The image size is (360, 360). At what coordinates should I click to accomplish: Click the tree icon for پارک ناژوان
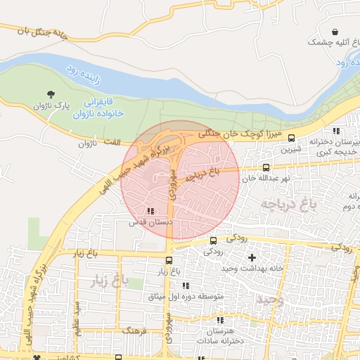tap(51, 94)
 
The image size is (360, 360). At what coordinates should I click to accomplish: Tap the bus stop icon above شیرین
tap(292, 138)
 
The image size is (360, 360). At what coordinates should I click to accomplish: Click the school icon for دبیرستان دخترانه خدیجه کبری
tap(336, 131)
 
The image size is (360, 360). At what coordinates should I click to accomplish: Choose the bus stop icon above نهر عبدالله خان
tap(266, 167)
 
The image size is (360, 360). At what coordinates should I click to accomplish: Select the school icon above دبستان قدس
tap(149, 211)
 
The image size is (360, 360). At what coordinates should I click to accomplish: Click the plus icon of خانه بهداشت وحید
tap(252, 257)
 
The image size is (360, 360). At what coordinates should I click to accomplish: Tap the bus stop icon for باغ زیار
tap(159, 260)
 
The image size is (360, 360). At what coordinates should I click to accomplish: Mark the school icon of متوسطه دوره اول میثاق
tap(186, 285)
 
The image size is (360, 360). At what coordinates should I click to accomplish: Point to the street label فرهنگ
tap(134, 330)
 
